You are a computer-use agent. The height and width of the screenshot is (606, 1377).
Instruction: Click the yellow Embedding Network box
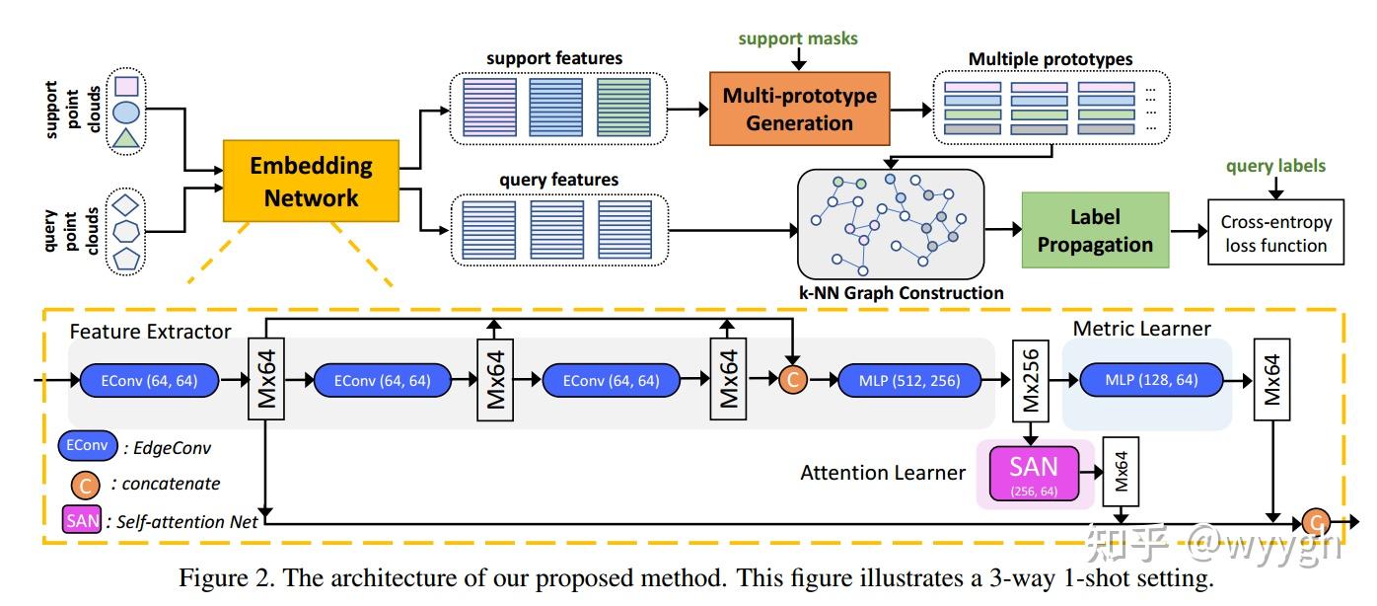pos(311,182)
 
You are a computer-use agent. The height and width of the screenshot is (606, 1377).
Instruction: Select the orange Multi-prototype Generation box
pos(799,109)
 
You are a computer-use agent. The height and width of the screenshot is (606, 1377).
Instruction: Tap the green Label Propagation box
pos(1095,231)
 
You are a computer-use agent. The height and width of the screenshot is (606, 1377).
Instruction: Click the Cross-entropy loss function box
pos(1275,234)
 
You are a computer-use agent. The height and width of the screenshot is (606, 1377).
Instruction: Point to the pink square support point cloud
pos(126,87)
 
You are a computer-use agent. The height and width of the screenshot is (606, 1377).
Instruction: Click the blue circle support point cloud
pos(126,112)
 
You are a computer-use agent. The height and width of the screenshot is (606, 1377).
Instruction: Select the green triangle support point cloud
pos(126,138)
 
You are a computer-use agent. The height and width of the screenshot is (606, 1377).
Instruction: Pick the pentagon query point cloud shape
pos(126,261)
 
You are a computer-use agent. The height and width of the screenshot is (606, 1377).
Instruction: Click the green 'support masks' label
pos(799,39)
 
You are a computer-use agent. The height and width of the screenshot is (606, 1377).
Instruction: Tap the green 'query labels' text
pos(1275,166)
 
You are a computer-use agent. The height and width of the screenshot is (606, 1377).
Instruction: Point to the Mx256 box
pos(1032,380)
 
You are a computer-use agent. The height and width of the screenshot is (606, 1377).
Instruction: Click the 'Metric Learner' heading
pos(1141,328)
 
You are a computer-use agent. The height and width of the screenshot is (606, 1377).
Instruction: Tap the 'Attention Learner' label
pos(883,473)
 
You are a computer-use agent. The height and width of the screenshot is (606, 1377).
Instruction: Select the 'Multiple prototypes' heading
pos(1051,59)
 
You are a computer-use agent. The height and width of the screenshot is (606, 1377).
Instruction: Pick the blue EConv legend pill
pos(88,446)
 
